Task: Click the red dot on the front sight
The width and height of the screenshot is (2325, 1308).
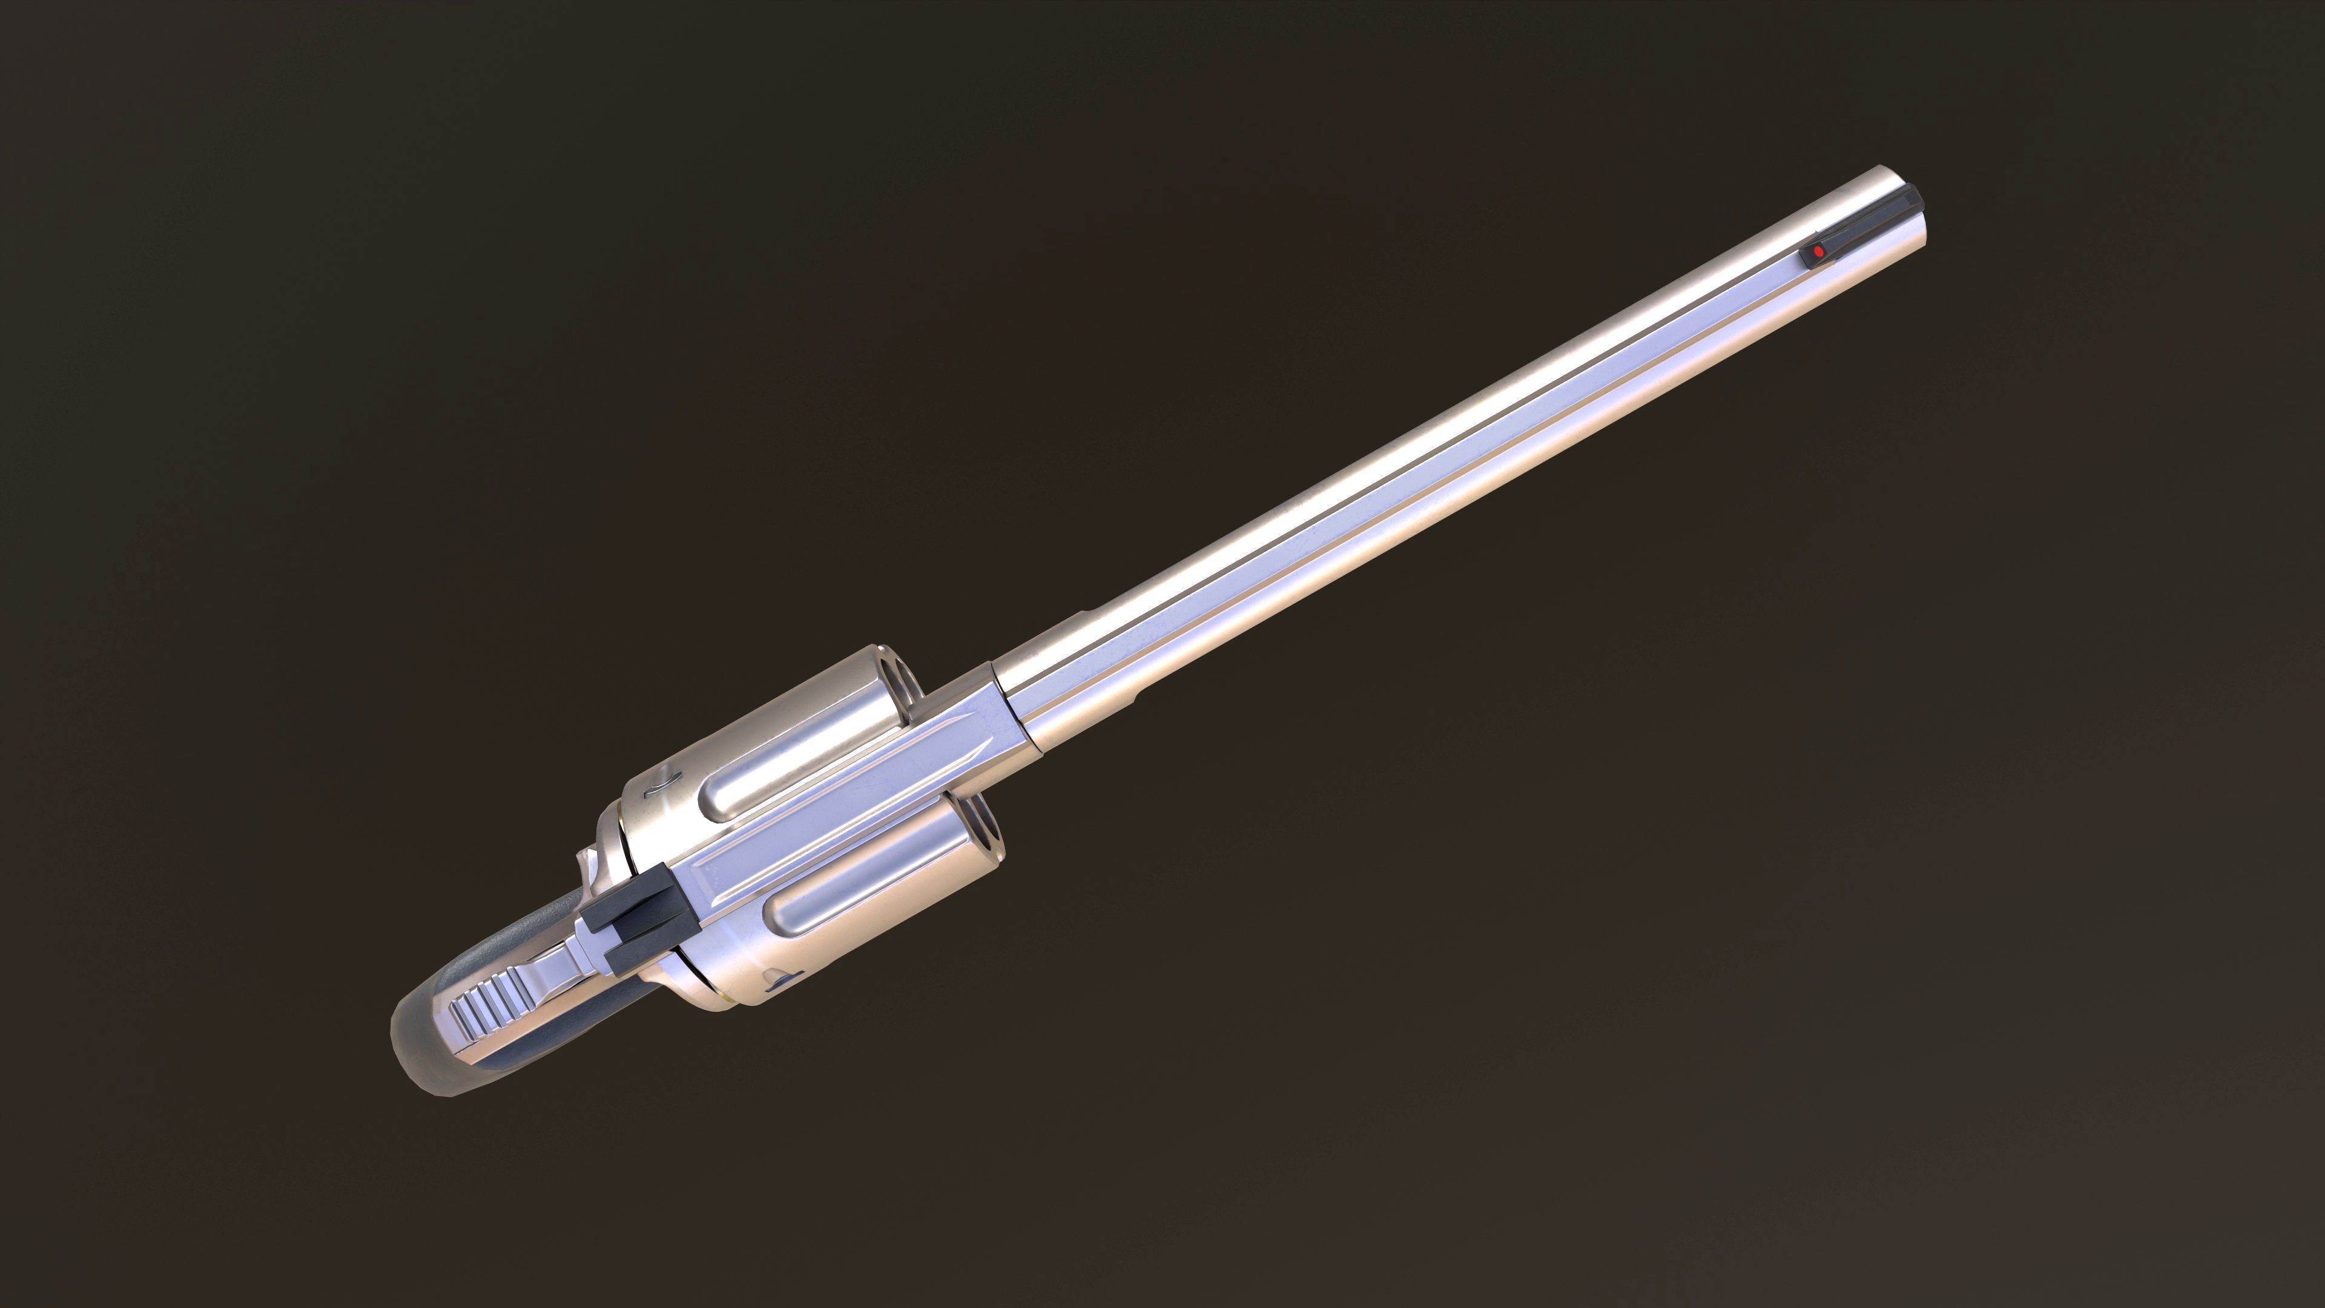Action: (x=1817, y=251)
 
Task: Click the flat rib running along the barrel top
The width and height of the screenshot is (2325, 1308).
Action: (x=1444, y=460)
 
